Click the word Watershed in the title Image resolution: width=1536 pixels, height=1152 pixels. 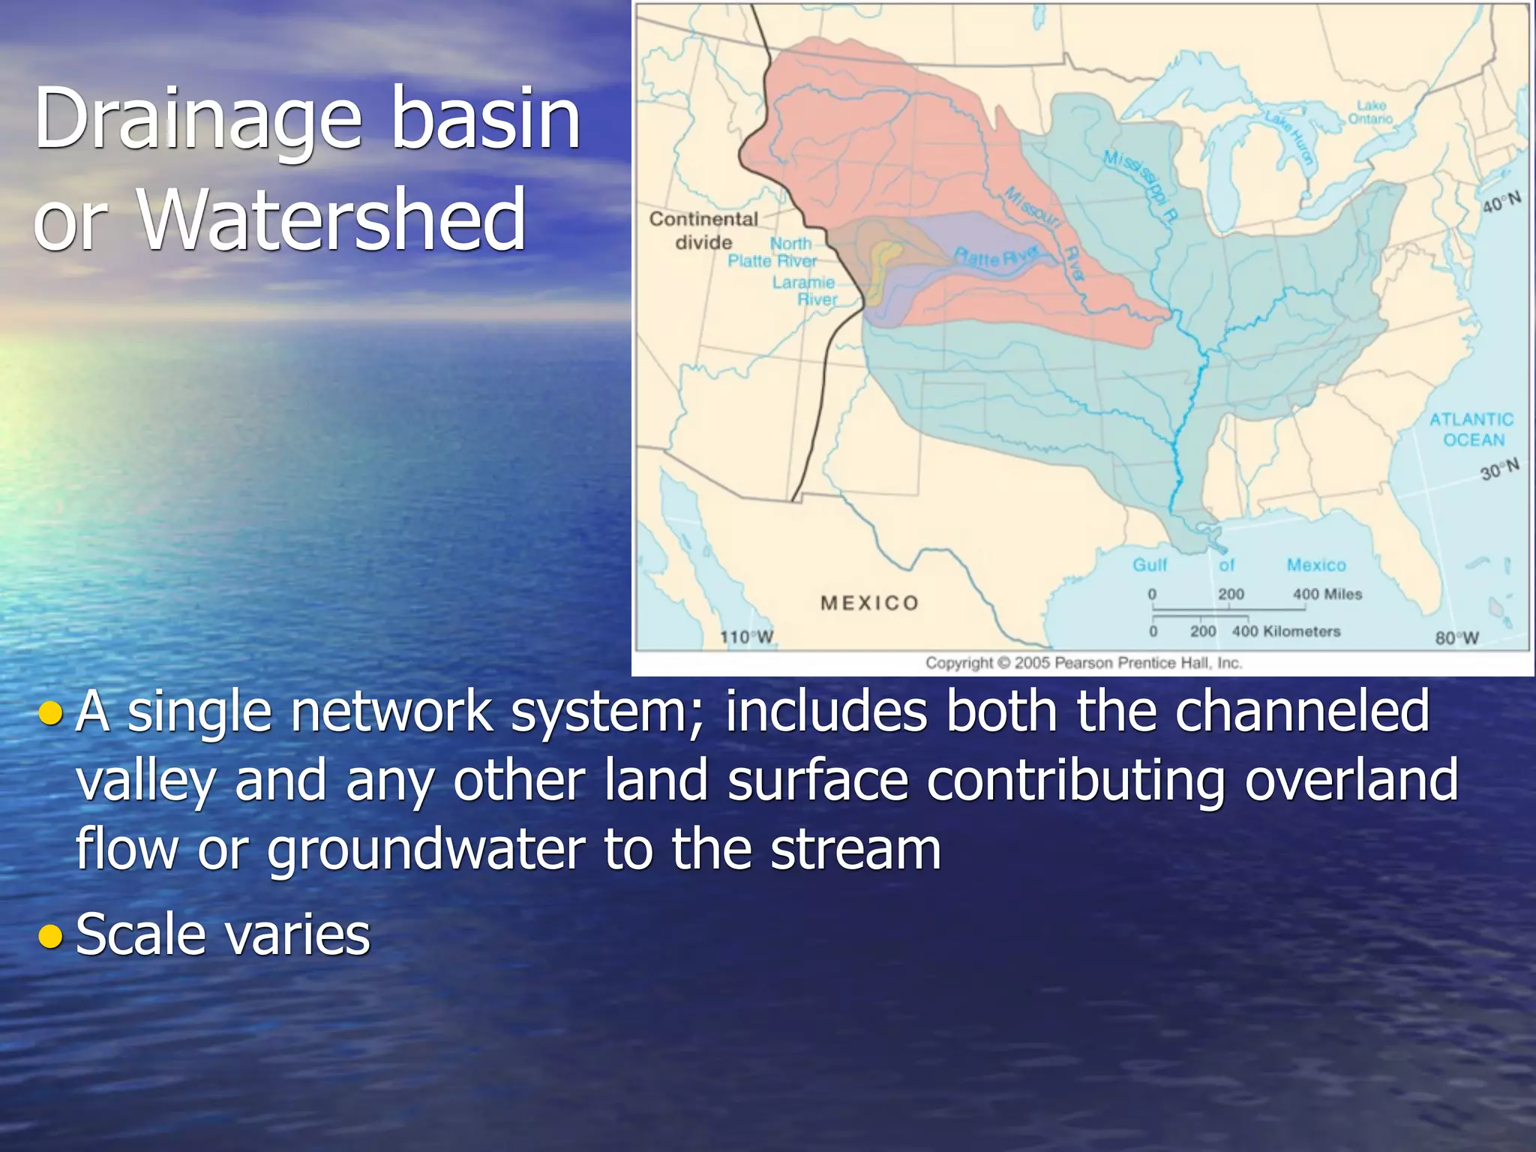[333, 219]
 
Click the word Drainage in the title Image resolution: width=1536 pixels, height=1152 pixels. [198, 118]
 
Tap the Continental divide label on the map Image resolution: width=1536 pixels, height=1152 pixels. [703, 230]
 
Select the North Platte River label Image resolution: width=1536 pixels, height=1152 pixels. [772, 252]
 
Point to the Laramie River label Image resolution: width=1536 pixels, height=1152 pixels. [805, 291]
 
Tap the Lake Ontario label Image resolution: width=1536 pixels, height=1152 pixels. [1370, 112]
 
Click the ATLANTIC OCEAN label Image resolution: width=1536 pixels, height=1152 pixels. [1471, 430]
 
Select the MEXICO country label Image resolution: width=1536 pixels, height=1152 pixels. [869, 603]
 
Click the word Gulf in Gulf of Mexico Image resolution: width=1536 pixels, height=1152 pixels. [1150, 565]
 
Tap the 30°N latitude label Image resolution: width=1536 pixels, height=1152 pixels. [1499, 469]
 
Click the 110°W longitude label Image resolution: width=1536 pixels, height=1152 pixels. [746, 637]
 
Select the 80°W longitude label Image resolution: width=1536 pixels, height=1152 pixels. [1456, 638]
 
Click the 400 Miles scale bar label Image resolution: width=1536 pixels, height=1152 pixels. [1327, 594]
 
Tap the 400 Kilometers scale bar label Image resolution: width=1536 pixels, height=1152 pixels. [1285, 631]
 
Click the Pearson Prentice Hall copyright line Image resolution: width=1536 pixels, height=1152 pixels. [1083, 663]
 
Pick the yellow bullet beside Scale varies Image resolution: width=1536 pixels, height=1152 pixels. [50, 935]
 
